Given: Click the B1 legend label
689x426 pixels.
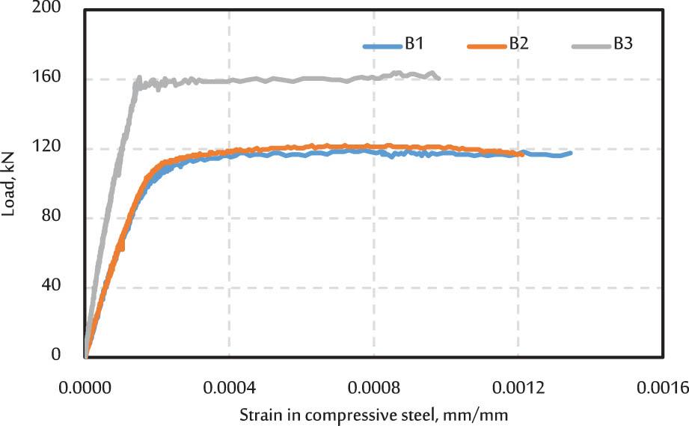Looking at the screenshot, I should pyautogui.click(x=415, y=44).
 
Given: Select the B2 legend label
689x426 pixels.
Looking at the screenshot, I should pyautogui.click(x=519, y=44).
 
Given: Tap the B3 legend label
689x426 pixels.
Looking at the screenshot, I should pyautogui.click(x=623, y=44).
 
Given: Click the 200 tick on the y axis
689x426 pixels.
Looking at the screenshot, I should pyautogui.click(x=50, y=9).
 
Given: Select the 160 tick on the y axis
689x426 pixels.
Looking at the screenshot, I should pyautogui.click(x=50, y=78).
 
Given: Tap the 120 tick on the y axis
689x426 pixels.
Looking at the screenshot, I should pyautogui.click(x=50, y=147).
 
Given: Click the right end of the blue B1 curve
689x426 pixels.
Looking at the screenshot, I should pyautogui.click(x=571, y=153).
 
